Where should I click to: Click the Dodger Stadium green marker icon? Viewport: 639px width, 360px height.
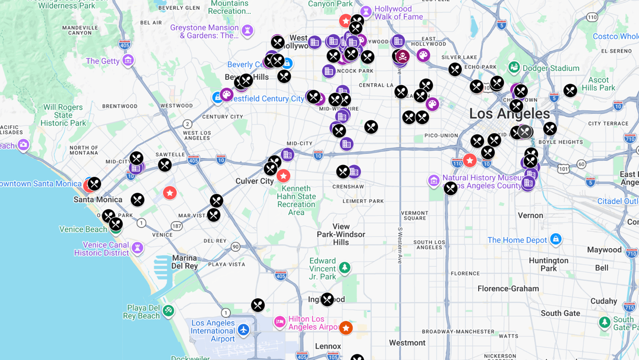coord(514,68)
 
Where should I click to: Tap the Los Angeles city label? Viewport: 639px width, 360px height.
coord(509,113)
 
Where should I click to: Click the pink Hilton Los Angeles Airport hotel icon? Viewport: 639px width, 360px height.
coord(280,322)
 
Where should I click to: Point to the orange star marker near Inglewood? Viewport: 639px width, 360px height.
coord(346,328)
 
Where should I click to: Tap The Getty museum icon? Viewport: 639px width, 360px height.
coord(128,60)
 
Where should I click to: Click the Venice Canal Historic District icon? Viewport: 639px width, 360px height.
coord(137,248)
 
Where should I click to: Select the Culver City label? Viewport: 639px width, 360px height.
coord(255,181)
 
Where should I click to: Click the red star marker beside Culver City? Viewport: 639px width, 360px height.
coord(283,176)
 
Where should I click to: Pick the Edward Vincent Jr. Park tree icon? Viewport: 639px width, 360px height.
coord(345,267)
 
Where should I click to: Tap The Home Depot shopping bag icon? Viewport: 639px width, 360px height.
coord(556,239)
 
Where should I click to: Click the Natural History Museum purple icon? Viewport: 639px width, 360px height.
coord(434,181)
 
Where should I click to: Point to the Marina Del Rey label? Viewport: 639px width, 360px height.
coord(185,262)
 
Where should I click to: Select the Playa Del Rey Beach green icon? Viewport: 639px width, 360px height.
coord(168,310)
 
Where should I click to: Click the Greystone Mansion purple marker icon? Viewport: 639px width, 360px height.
coord(247,31)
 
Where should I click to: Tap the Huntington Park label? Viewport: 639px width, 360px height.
coord(548,264)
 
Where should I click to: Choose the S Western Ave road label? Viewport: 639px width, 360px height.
coord(399,246)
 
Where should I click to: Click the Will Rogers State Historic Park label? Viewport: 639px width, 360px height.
coord(63,115)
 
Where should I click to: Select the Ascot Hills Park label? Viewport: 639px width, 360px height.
coord(598,84)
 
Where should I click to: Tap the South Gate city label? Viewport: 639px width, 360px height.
coord(560,313)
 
